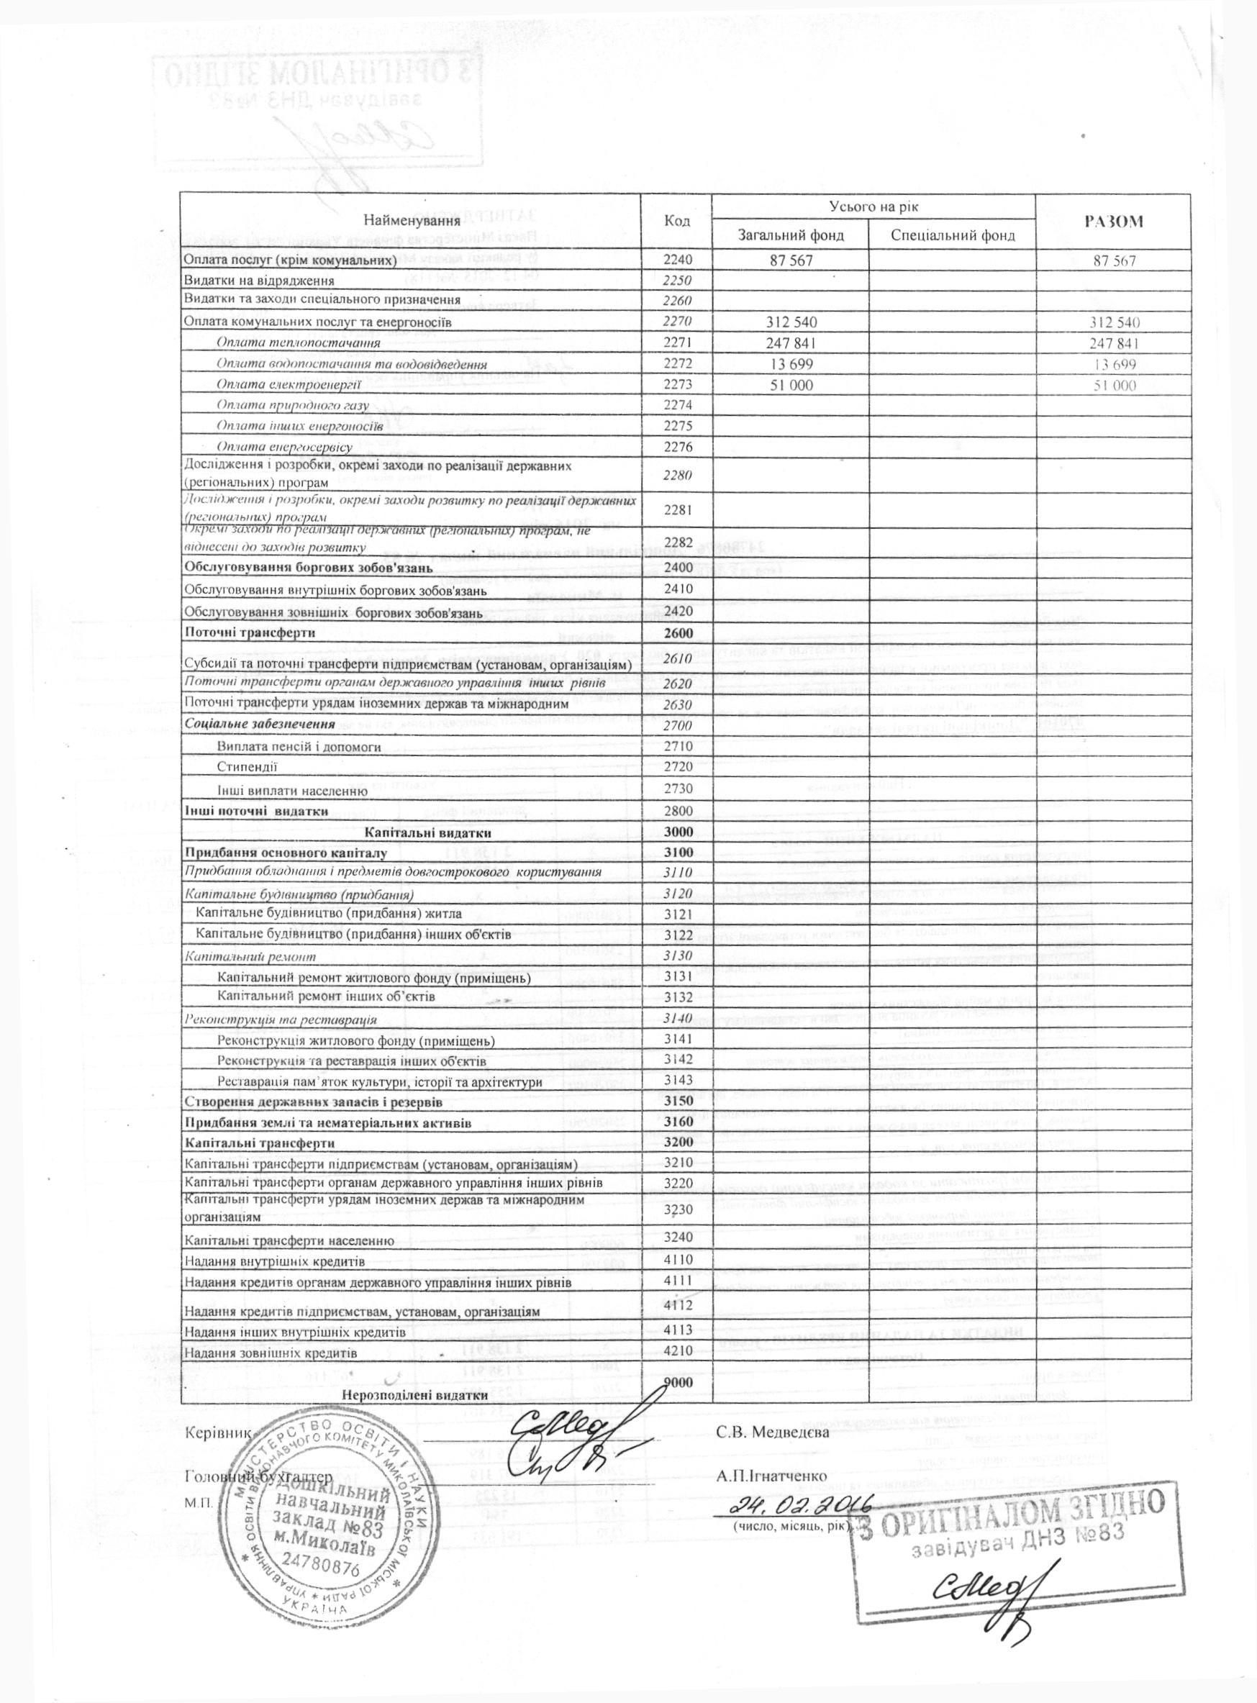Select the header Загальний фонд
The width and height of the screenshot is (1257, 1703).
791,235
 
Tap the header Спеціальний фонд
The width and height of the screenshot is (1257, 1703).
953,235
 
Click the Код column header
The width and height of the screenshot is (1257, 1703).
676,221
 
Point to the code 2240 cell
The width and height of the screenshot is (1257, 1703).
676,260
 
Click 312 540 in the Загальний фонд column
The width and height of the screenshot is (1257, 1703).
791,322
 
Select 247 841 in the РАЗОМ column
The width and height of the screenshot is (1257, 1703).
1114,343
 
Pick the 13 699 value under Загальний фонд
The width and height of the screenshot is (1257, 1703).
791,364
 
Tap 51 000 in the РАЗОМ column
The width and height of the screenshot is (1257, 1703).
1114,385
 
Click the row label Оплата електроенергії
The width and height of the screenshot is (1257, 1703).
269,385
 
